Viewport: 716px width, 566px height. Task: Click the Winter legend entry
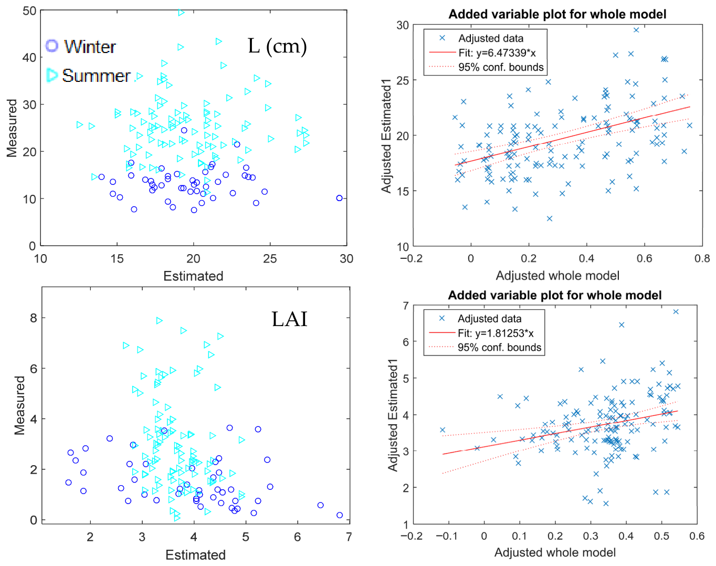click(80, 46)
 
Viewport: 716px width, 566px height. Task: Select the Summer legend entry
click(88, 76)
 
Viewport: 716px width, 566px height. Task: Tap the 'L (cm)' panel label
click(277, 46)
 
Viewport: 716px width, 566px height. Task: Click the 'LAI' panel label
click(289, 319)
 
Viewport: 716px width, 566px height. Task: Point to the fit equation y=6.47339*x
click(497, 53)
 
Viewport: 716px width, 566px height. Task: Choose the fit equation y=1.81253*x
click(496, 333)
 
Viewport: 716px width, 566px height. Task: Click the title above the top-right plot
click(557, 14)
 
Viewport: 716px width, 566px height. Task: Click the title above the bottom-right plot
click(555, 295)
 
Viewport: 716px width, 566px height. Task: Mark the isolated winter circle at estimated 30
click(340, 198)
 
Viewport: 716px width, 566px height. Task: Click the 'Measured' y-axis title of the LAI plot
click(20, 405)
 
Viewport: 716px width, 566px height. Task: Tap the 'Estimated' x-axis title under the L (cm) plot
click(193, 276)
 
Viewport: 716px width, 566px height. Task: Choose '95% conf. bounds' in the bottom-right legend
click(499, 348)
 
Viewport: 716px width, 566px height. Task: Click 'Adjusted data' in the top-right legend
click(491, 38)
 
